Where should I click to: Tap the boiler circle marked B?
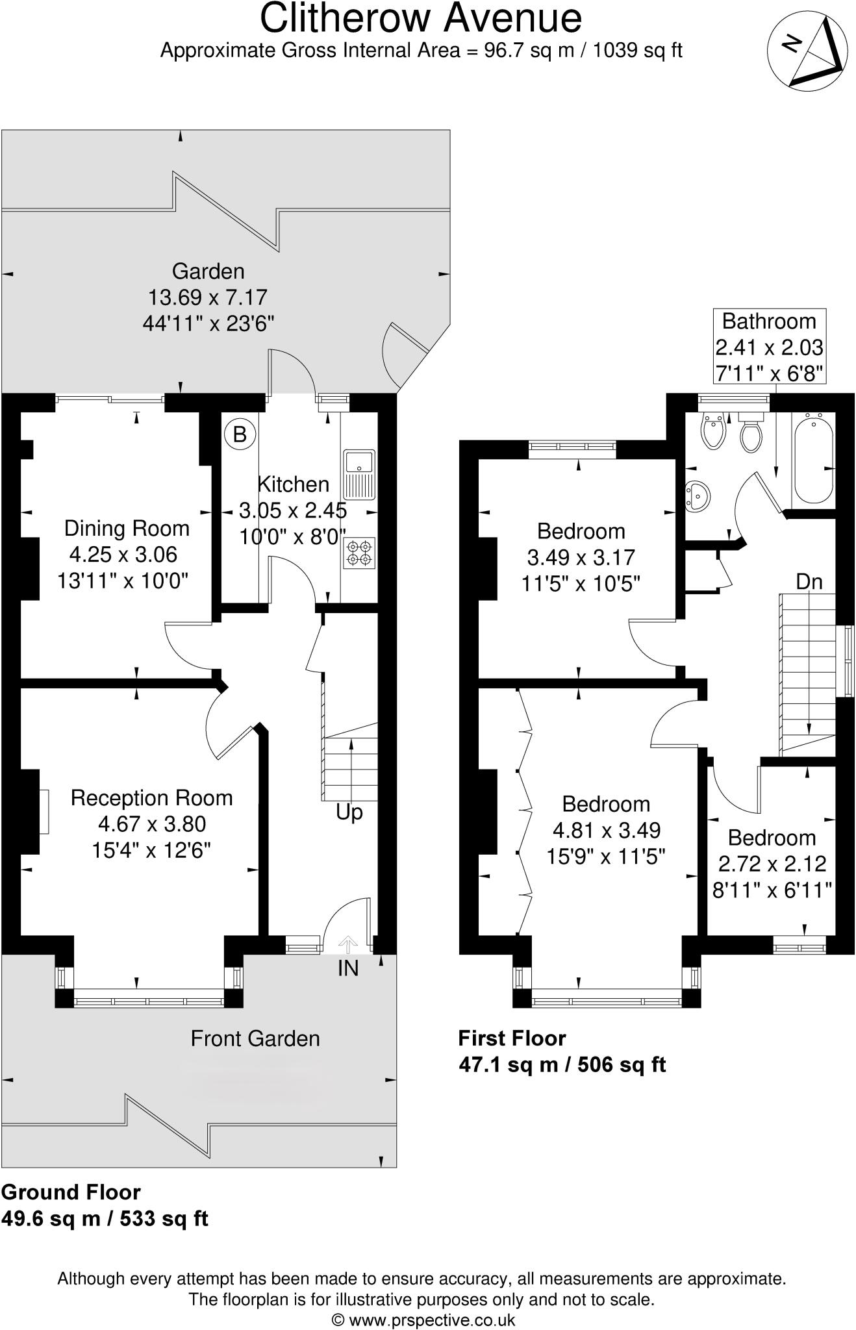[x=240, y=434]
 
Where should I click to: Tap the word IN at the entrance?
[x=348, y=968]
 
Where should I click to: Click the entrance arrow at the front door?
[x=348, y=945]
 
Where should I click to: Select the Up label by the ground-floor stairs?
[x=349, y=812]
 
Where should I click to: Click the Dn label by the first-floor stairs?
[x=809, y=582]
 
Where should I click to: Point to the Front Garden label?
[x=255, y=1038]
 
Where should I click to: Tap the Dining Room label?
[x=127, y=529]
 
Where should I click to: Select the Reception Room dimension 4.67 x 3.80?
[x=152, y=824]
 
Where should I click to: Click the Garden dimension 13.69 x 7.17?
[x=208, y=297]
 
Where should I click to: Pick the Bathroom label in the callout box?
[x=769, y=321]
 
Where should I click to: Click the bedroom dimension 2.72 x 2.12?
[x=772, y=864]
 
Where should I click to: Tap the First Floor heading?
[x=512, y=1038]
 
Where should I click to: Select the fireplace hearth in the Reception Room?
[x=44, y=812]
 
